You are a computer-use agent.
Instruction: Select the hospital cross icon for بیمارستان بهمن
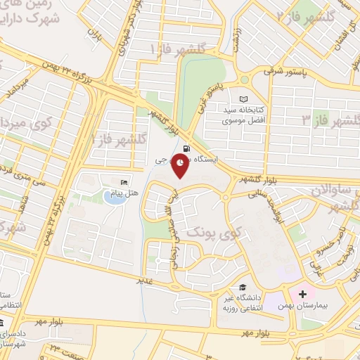coord(303,292)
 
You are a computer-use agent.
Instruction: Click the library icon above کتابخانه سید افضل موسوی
coord(244,99)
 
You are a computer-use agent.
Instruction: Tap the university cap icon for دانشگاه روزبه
coord(243,287)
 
